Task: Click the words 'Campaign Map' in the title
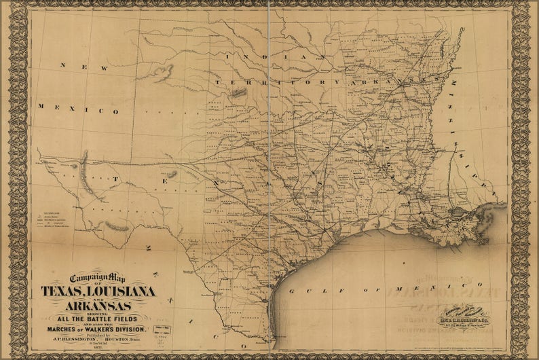(100, 278)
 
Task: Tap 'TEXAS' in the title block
(64, 291)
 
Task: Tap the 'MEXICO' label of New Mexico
(79, 109)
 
